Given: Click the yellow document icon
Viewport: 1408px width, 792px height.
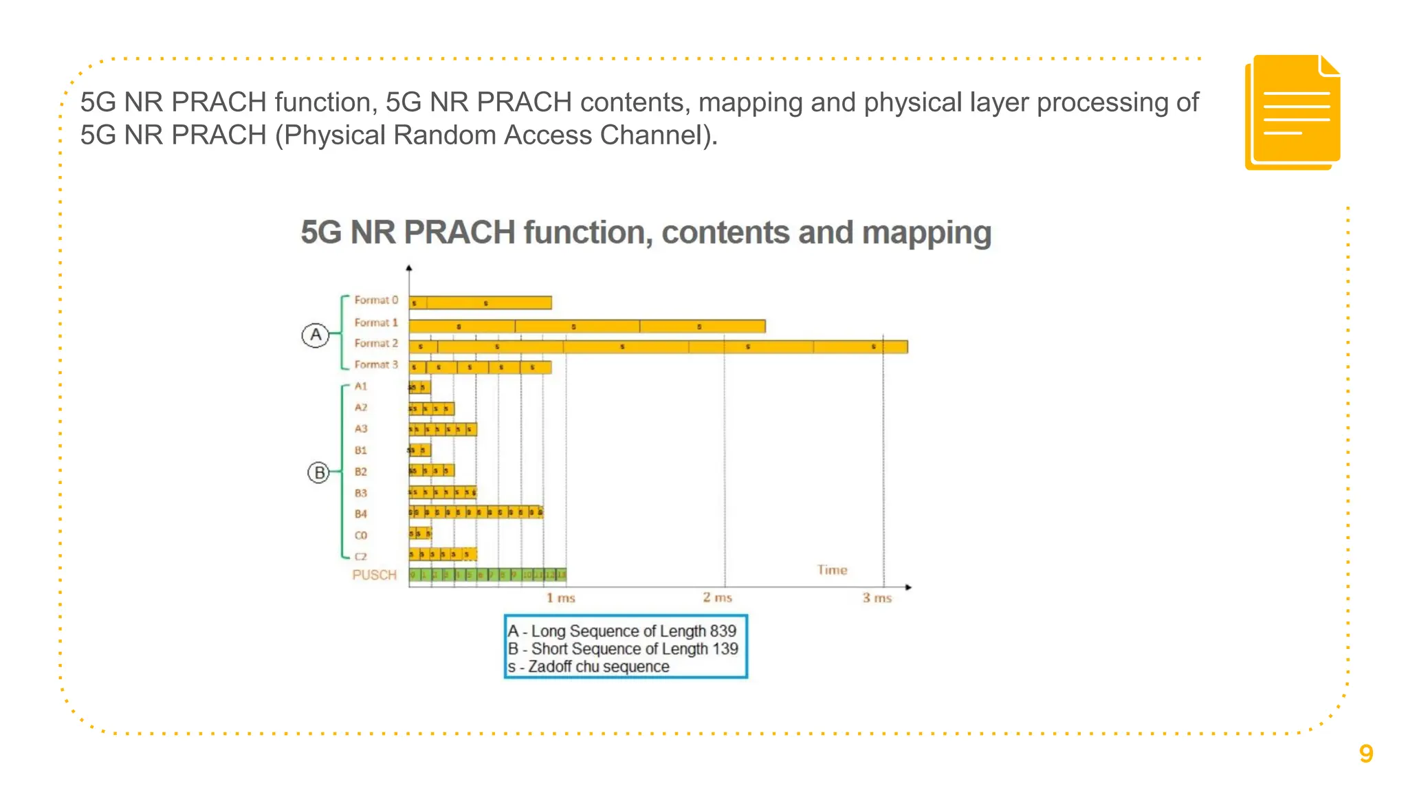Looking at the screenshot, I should (1292, 112).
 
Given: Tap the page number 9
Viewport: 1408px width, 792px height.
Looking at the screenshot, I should (1366, 754).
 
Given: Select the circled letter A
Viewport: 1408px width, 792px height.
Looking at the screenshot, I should (316, 335).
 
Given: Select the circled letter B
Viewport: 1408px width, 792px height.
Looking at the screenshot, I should (319, 473).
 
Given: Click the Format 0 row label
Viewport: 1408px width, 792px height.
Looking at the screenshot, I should (376, 300).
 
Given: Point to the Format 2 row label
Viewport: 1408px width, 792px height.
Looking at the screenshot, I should (376, 343).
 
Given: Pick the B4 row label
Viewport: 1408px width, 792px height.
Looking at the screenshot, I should (361, 514).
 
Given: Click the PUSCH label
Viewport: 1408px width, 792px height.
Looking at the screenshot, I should (375, 575).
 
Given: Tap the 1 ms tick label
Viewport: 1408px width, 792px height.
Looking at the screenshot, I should (561, 598).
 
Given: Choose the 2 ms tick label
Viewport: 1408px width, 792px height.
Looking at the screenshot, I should (717, 597).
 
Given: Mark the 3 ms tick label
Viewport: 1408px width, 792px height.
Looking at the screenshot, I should (877, 598).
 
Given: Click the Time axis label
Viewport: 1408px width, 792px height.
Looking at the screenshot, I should (832, 570).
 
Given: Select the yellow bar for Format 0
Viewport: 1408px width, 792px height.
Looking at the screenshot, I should (480, 302).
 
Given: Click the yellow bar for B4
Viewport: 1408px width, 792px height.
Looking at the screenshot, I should (476, 512).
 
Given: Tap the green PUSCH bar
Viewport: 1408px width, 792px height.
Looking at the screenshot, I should (487, 575).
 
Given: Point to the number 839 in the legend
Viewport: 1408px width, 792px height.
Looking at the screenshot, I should (723, 631).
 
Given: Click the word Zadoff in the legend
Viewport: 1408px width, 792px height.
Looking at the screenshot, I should (550, 667).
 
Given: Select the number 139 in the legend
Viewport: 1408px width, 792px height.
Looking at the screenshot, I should (725, 649).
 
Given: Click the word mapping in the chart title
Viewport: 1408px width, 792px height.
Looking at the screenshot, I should (927, 233).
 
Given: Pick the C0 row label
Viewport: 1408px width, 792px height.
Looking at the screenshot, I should (361, 536).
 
